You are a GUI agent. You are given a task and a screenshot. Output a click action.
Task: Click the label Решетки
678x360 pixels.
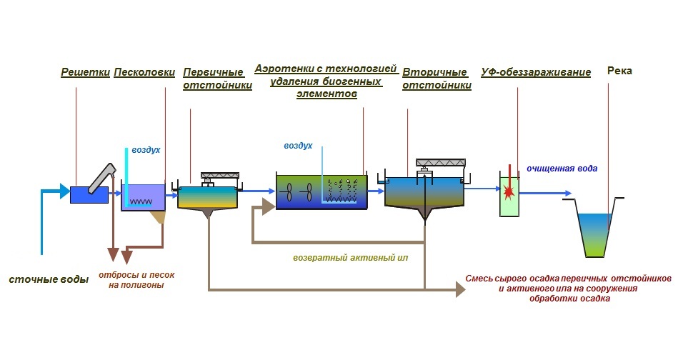84,72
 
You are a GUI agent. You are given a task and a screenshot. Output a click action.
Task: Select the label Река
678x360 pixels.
619,71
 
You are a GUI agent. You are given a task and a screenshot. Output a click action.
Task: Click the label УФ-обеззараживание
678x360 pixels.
536,72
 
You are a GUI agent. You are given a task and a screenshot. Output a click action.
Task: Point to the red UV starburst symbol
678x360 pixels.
509,191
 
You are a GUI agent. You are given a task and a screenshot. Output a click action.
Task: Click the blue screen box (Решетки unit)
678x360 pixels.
89,194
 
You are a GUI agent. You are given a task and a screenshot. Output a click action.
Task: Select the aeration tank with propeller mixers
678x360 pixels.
321,191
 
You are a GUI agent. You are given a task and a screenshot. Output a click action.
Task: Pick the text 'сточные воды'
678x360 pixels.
49,279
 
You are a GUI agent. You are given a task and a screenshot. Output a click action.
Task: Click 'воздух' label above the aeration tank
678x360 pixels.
298,146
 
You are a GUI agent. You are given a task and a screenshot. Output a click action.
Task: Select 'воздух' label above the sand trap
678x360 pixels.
146,151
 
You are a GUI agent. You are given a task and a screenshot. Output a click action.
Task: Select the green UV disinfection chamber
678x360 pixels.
509,194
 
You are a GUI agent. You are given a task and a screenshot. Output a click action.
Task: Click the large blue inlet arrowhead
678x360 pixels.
65,191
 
